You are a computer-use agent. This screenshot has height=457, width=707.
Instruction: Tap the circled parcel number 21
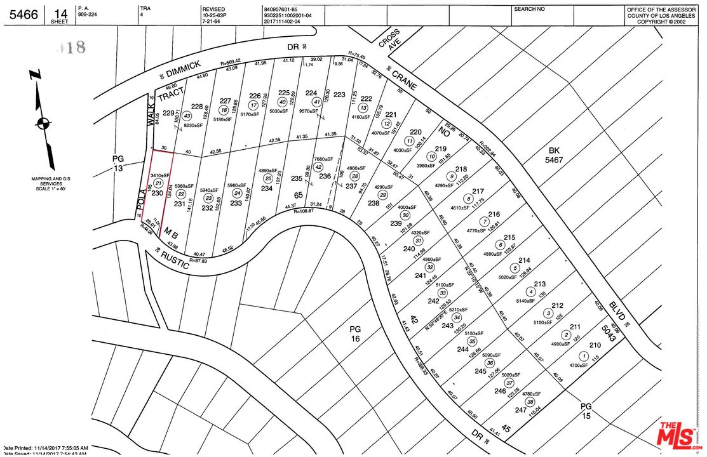pyautogui.click(x=158, y=183)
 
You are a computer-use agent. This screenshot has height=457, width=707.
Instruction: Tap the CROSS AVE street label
pyautogui.click(x=390, y=40)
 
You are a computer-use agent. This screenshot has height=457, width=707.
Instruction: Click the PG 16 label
pyautogui.click(x=354, y=334)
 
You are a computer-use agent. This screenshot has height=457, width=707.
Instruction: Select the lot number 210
pyautogui.click(x=594, y=345)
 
